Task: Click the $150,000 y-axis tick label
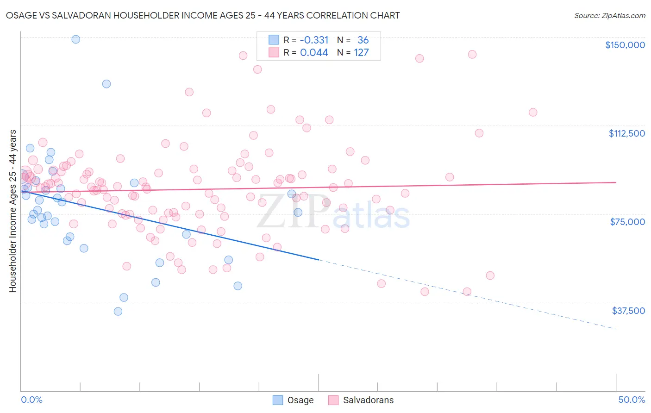pyautogui.click(x=625, y=45)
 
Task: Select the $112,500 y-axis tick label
pyautogui.click(x=626, y=133)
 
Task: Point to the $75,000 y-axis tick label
pyautogui.click(x=627, y=222)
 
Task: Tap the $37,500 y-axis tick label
pyautogui.click(x=628, y=311)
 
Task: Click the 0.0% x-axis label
pyautogui.click(x=31, y=400)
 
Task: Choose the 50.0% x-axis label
pyautogui.click(x=632, y=400)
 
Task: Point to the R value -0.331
pyautogui.click(x=314, y=40)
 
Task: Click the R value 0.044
pyautogui.click(x=314, y=52)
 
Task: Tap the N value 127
pyautogui.click(x=361, y=52)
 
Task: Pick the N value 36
pyautogui.click(x=363, y=40)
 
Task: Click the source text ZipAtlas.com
pyautogui.click(x=609, y=15)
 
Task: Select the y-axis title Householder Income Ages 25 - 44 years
pyautogui.click(x=13, y=211)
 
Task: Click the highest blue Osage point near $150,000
pyautogui.click(x=75, y=39)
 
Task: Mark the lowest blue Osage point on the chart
pyautogui.click(x=118, y=311)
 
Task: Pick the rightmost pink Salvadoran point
pyautogui.click(x=533, y=112)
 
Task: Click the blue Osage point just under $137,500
pyautogui.click(x=106, y=84)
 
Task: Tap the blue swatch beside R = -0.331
pyautogui.click(x=274, y=40)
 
